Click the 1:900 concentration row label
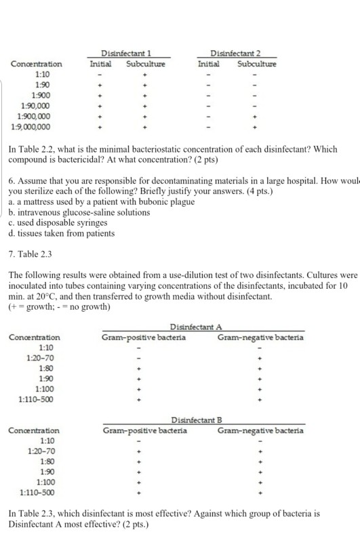click(40, 96)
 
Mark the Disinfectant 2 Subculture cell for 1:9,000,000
click(256, 126)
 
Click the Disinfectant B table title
click(200, 420)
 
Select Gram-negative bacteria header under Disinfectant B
click(260, 430)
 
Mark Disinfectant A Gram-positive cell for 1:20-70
click(138, 358)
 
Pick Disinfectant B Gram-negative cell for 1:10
click(260, 441)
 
